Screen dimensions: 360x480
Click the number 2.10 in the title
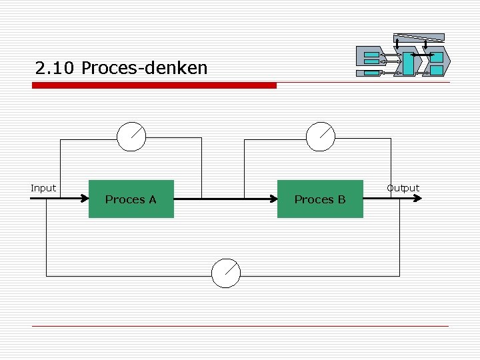tap(55, 68)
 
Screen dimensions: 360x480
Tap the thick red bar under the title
tap(154, 85)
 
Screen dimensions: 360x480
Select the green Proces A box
tap(131, 199)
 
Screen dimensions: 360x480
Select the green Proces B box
tap(320, 199)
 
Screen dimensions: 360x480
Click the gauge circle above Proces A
tap(131, 137)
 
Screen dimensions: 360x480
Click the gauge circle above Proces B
tap(321, 137)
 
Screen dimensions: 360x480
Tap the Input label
tap(43, 188)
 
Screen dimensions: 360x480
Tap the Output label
tap(403, 188)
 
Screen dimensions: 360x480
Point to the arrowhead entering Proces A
tap(85, 199)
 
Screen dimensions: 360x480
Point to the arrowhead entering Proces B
tap(274, 199)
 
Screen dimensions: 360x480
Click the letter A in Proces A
tap(152, 199)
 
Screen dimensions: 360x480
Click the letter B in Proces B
tap(341, 199)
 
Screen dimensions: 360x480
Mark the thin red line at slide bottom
tap(240, 326)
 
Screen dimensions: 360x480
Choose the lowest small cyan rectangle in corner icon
tap(371, 71)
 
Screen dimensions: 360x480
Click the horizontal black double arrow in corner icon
tap(421, 54)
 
